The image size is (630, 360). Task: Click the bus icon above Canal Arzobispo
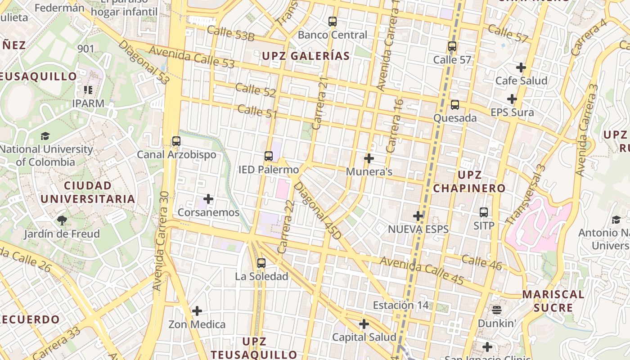176,141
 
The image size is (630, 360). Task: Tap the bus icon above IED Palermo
269,156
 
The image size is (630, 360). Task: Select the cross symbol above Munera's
369,158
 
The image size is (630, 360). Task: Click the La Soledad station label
261,276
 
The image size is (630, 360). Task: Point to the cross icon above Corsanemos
208,198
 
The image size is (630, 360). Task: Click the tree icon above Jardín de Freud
62,220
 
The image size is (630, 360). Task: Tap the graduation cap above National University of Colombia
45,136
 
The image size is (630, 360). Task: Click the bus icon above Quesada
455,105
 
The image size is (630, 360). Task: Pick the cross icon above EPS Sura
512,99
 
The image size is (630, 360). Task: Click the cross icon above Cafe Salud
521,67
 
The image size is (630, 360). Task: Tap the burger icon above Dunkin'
497,310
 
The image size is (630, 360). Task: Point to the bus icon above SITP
484,212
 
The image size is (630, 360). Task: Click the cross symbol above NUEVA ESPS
418,216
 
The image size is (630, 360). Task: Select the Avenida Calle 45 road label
422,270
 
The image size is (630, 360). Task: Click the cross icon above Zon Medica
197,311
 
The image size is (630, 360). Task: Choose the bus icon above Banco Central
333,21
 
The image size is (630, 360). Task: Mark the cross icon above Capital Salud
364,324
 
